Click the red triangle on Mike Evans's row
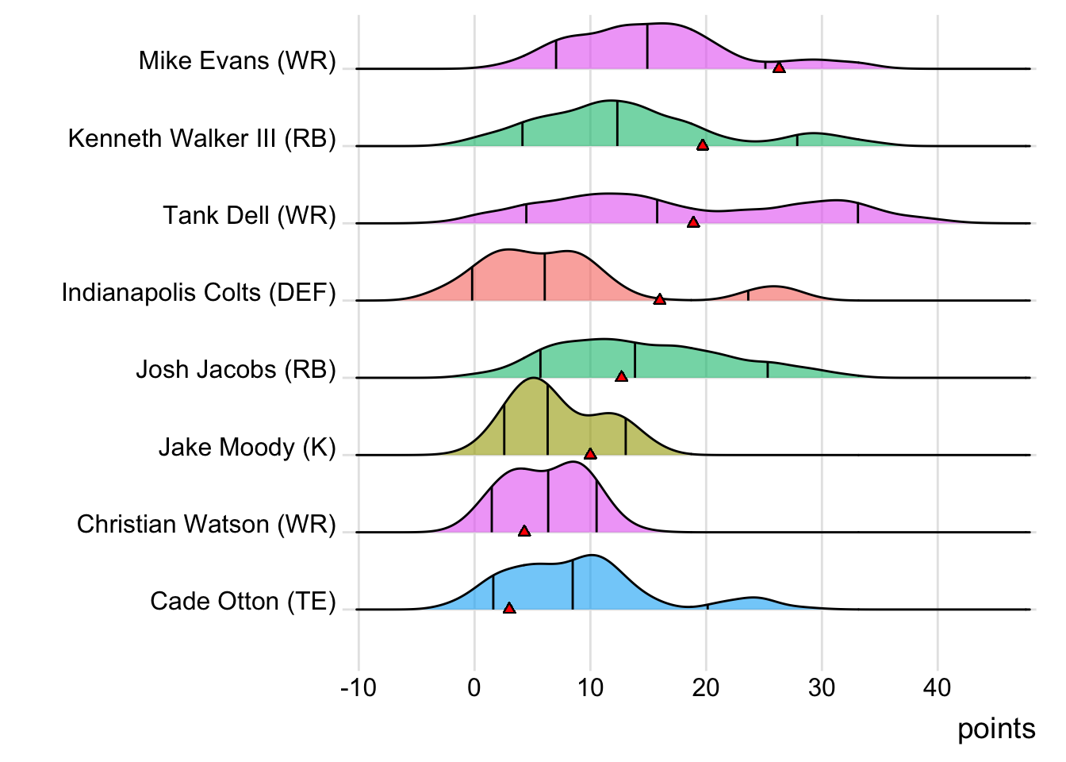779,67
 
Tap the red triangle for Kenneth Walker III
702,144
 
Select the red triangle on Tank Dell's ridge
693,222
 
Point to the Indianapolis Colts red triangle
659,299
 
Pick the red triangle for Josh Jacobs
621,376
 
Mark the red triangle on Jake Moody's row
590,453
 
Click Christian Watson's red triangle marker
523,530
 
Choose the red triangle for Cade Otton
509,608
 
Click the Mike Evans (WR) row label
237,60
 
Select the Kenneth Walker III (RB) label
202,138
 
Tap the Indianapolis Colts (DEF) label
199,292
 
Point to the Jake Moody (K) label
247,447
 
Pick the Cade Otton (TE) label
243,601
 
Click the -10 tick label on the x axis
358,687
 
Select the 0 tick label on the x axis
474,687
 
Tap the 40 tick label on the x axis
938,687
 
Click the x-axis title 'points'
996,729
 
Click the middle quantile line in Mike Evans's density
647,46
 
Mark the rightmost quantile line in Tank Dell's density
857,213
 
